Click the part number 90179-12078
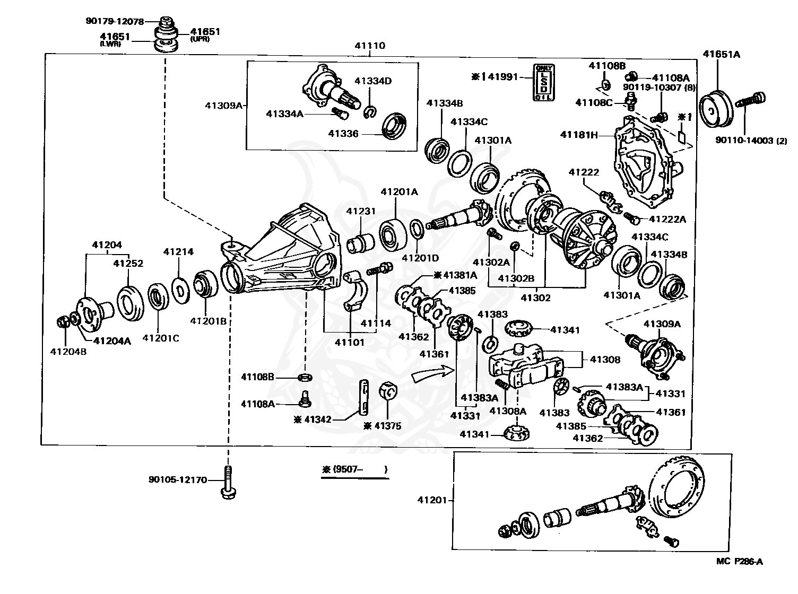pos(114,21)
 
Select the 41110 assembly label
pos(370,46)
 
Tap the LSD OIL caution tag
pos(544,82)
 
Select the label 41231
pos(361,211)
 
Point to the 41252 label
pos(128,263)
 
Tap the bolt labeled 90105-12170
pos(228,482)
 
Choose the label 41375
pos(388,425)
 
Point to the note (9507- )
pos(354,469)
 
